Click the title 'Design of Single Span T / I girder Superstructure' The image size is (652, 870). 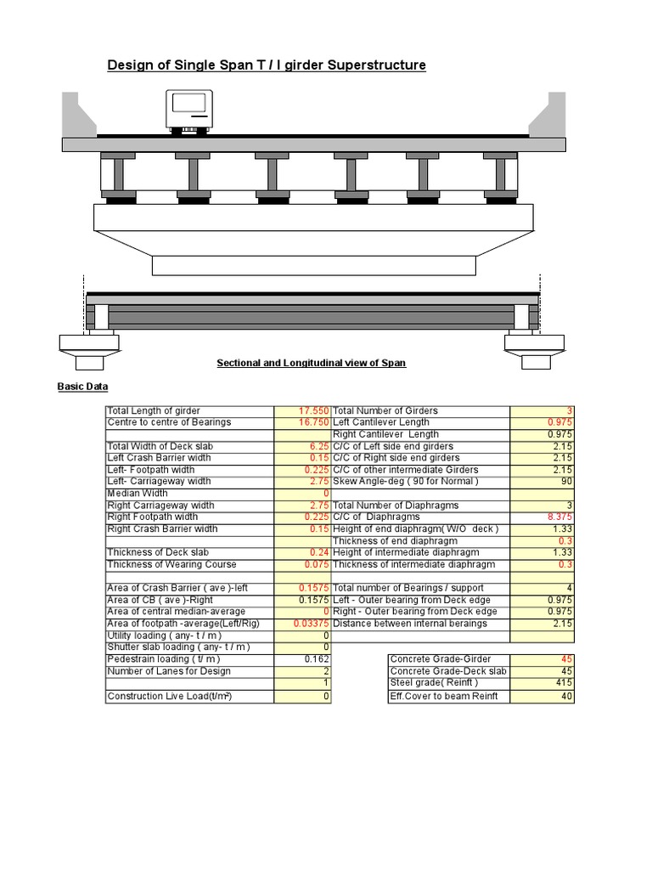coord(267,65)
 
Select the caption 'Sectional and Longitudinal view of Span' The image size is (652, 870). coord(311,363)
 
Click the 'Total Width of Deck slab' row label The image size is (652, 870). coord(160,446)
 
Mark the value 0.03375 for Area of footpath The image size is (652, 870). coord(311,624)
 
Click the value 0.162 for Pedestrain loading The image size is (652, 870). coord(317,659)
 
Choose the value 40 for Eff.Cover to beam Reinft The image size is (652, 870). coord(567,697)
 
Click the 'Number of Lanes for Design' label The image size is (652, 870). coord(169,671)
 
